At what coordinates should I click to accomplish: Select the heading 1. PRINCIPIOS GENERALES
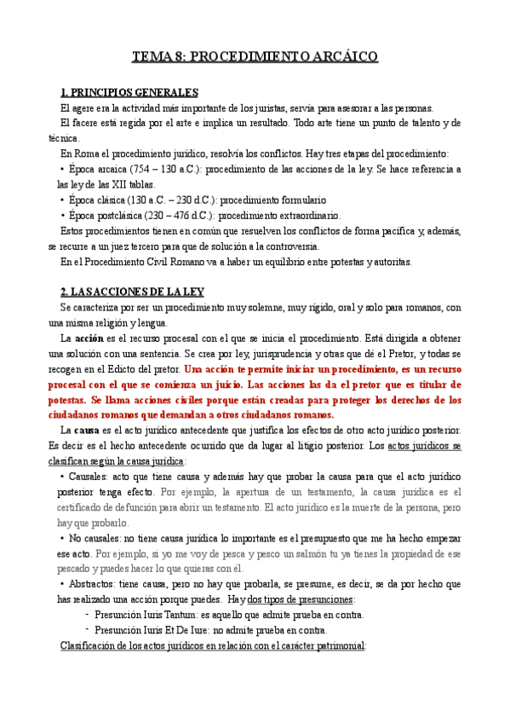130,92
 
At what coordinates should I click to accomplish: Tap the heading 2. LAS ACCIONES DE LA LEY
132,292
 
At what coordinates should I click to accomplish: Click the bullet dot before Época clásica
63,200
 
